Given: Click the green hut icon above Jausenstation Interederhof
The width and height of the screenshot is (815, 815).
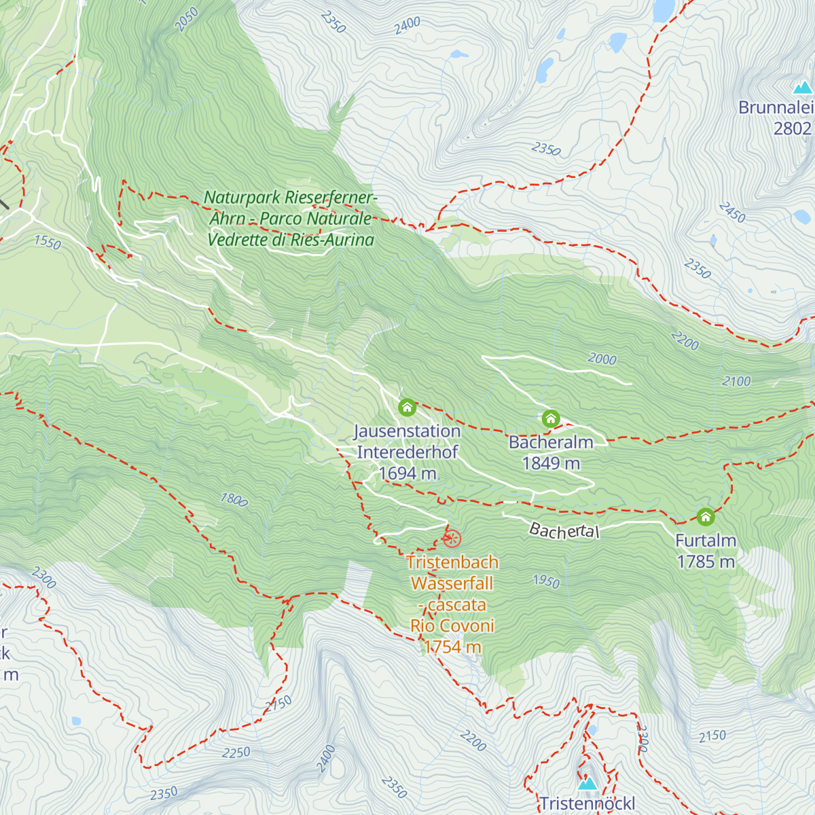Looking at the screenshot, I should coord(407,407).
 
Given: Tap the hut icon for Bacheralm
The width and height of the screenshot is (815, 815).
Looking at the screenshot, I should coord(551,418).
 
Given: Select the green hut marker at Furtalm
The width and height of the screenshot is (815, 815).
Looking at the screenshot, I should coord(706,517).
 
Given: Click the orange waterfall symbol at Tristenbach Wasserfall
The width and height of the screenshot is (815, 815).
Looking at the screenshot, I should coord(452,539).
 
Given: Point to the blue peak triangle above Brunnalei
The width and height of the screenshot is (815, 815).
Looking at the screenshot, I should coord(803,88).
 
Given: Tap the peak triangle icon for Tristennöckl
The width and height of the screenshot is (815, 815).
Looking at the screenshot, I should coord(587,784).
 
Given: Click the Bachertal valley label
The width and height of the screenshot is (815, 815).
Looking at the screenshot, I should coord(564,530).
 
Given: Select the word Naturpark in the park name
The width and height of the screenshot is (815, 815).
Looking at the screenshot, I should coord(242,198).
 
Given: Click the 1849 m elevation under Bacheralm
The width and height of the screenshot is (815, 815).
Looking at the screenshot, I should coord(551,463).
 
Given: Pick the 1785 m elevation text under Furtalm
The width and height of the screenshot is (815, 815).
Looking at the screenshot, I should coord(706,562).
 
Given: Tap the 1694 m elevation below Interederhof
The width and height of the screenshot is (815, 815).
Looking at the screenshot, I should coord(407,473).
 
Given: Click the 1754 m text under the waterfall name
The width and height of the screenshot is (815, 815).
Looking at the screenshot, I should coord(452,647).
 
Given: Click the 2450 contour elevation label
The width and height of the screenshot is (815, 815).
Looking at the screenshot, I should coord(732,213).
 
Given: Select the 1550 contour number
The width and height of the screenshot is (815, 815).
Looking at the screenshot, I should coord(47,242).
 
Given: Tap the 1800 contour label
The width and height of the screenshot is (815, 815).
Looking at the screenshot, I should coord(234,499).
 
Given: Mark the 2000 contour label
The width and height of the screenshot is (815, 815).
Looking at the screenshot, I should coord(602,359).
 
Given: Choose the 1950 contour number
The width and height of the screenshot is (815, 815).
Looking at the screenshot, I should coord(546,581).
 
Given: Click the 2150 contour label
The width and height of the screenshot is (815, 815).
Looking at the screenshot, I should coord(712,736).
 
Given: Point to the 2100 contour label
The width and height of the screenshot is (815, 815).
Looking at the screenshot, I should coord(736,382).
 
